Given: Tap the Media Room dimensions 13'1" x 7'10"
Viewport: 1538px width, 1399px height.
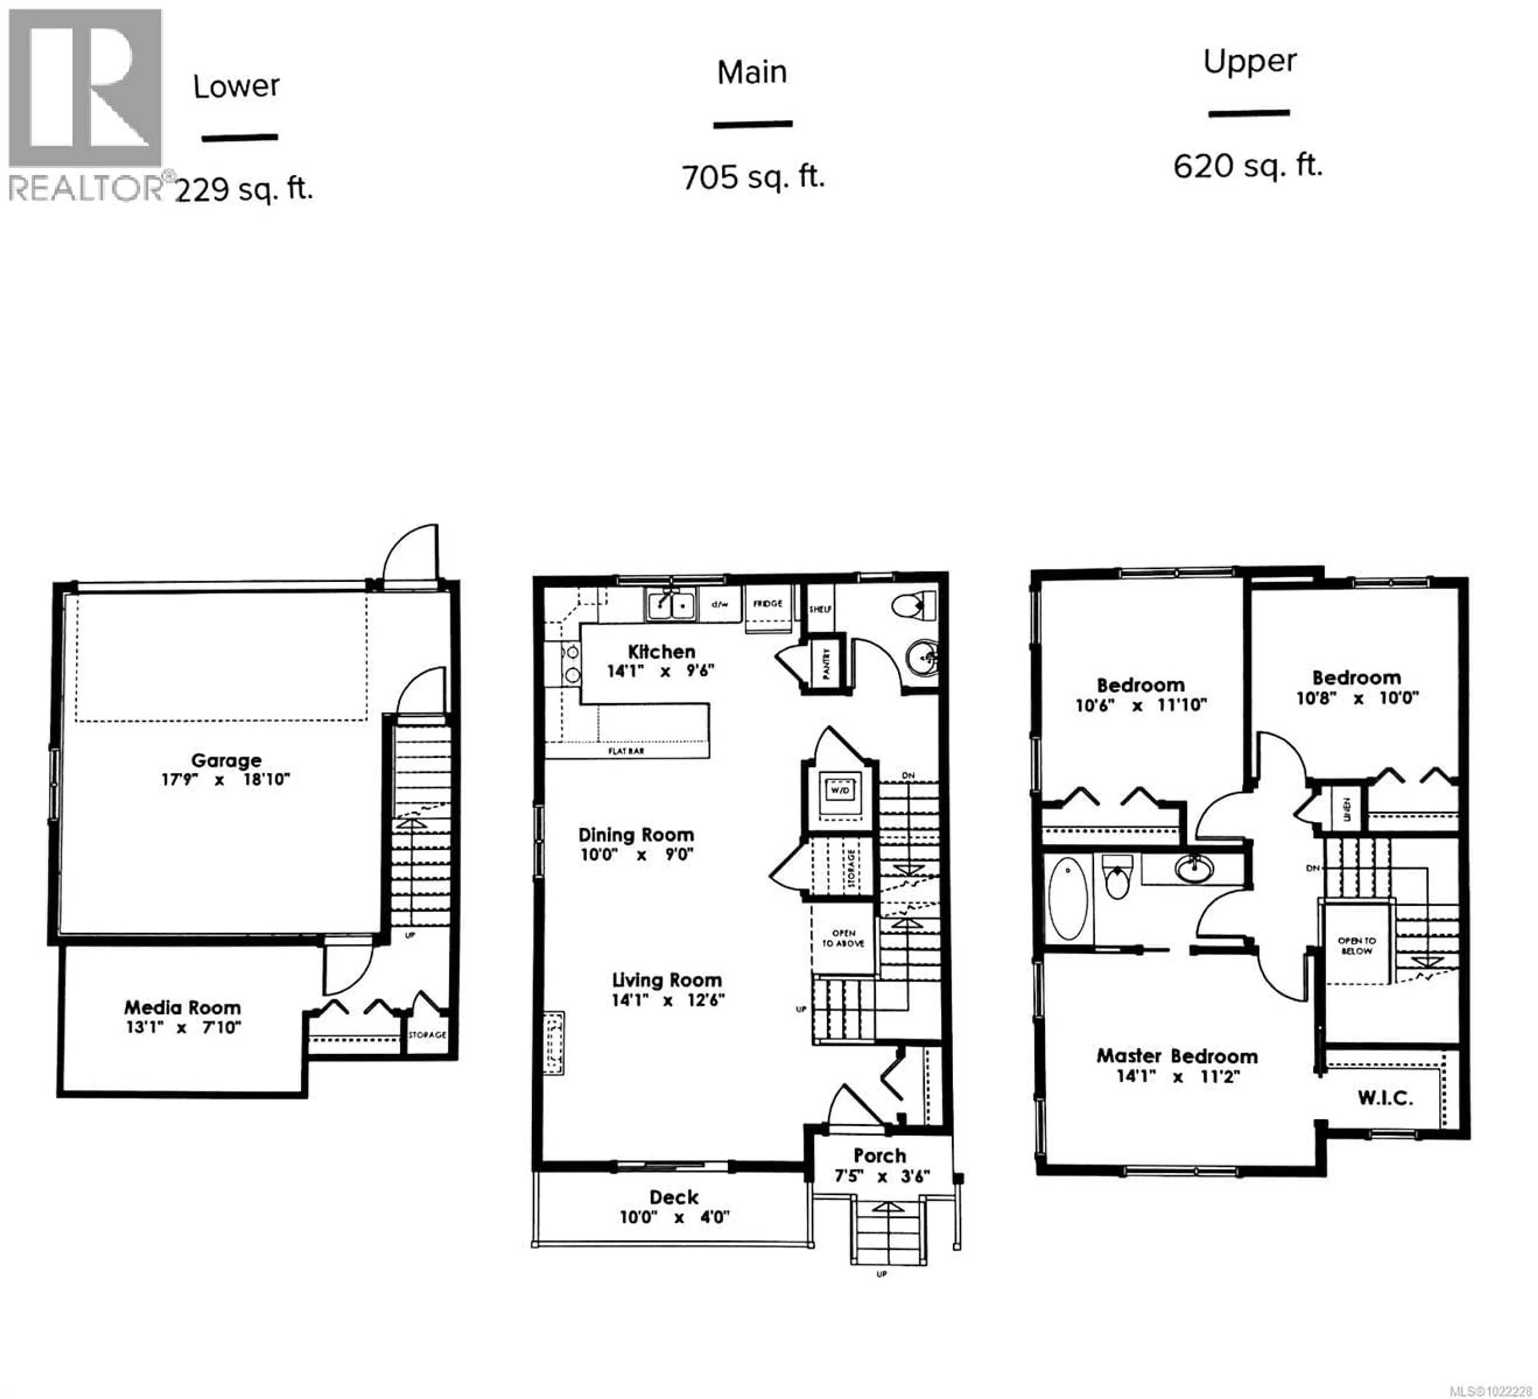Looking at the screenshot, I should coord(183,1027).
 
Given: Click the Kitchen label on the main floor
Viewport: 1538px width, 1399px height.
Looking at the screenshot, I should coord(661,651).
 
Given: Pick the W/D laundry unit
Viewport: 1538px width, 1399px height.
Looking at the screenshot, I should coord(839,790).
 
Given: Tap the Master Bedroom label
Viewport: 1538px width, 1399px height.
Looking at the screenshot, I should coord(1176,1057).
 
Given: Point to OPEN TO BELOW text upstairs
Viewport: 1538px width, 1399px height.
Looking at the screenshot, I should coord(1357,946).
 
